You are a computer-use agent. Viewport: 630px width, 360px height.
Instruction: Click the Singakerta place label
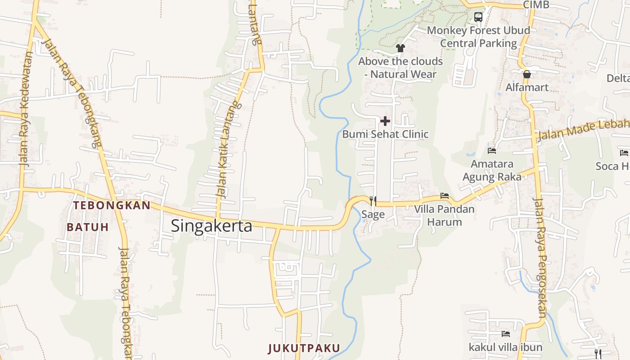tap(211, 226)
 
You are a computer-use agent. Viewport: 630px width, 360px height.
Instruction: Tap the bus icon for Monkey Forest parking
tap(478, 17)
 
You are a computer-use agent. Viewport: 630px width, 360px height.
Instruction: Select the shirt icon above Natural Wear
tap(400, 48)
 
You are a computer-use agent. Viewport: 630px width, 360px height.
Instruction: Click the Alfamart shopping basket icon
tap(527, 74)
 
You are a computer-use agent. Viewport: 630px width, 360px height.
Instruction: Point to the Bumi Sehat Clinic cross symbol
tap(385, 121)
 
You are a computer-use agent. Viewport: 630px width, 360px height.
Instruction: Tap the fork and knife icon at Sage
tap(373, 201)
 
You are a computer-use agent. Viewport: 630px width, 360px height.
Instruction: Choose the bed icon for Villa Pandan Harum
tap(445, 196)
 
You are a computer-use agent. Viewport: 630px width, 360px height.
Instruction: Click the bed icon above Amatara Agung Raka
tap(492, 151)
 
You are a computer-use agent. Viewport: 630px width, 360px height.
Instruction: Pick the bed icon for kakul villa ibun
tap(506, 334)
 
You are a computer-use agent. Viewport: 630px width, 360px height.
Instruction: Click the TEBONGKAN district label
tap(112, 206)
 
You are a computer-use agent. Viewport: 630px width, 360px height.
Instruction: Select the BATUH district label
tap(88, 227)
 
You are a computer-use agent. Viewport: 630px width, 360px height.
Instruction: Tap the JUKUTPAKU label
tap(304, 348)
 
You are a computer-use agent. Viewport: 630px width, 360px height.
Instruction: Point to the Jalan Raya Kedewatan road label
tap(26, 110)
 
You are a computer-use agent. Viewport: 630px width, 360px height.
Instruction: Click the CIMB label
tap(536, 5)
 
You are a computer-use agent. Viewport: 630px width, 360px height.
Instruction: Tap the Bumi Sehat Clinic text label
tap(385, 134)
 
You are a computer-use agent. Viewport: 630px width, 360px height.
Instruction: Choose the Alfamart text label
tap(527, 87)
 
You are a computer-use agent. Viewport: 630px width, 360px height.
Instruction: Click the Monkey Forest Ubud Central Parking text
tap(478, 37)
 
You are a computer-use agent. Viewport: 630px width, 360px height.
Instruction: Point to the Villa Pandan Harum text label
tap(445, 216)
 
